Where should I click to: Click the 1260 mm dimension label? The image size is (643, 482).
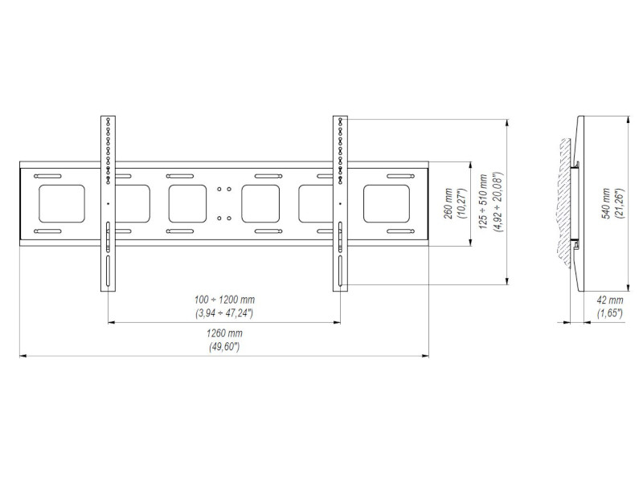tap(223, 333)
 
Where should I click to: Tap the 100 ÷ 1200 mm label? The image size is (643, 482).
tap(223, 299)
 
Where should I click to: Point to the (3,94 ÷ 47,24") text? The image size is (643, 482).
tap(223, 312)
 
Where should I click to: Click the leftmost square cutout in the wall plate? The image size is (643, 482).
tap(61, 204)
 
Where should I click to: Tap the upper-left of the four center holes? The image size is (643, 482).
tap(219, 190)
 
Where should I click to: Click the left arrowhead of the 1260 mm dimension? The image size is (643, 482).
tap(23, 354)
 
